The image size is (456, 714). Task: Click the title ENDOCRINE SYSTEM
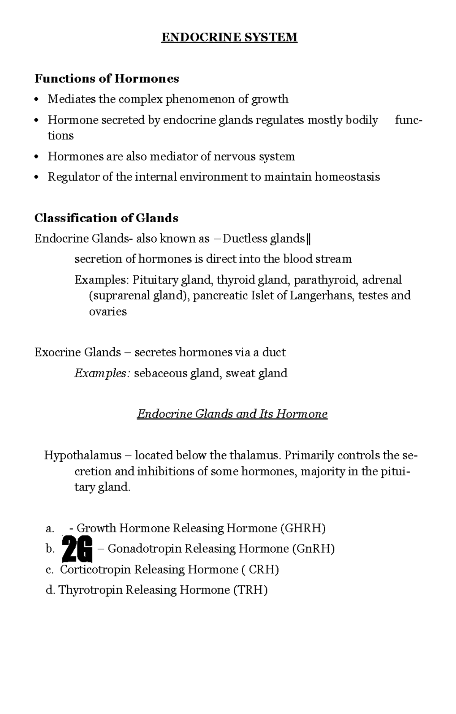pos(229,37)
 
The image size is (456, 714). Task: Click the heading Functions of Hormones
pos(106,79)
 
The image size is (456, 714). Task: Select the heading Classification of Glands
pos(106,218)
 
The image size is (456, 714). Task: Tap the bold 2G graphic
pos(77,549)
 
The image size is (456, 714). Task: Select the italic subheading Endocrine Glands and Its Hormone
pos(232,413)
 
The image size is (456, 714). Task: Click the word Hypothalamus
pos(83,455)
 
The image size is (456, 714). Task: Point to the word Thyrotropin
pos(90,590)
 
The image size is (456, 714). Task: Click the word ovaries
pos(108,312)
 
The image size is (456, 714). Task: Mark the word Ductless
pos(245,239)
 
